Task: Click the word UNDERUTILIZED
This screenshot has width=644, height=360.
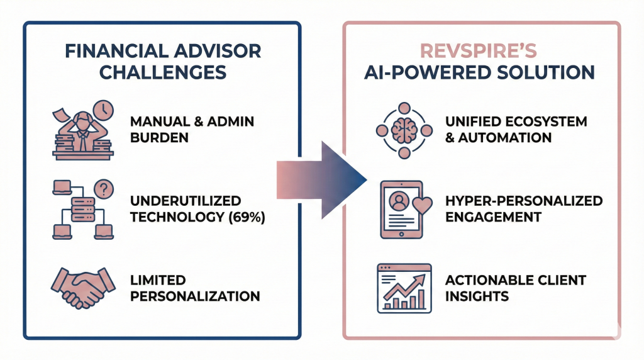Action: click(x=186, y=201)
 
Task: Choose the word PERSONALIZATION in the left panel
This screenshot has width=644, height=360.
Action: click(x=195, y=295)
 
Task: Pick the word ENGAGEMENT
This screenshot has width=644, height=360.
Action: click(x=492, y=217)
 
